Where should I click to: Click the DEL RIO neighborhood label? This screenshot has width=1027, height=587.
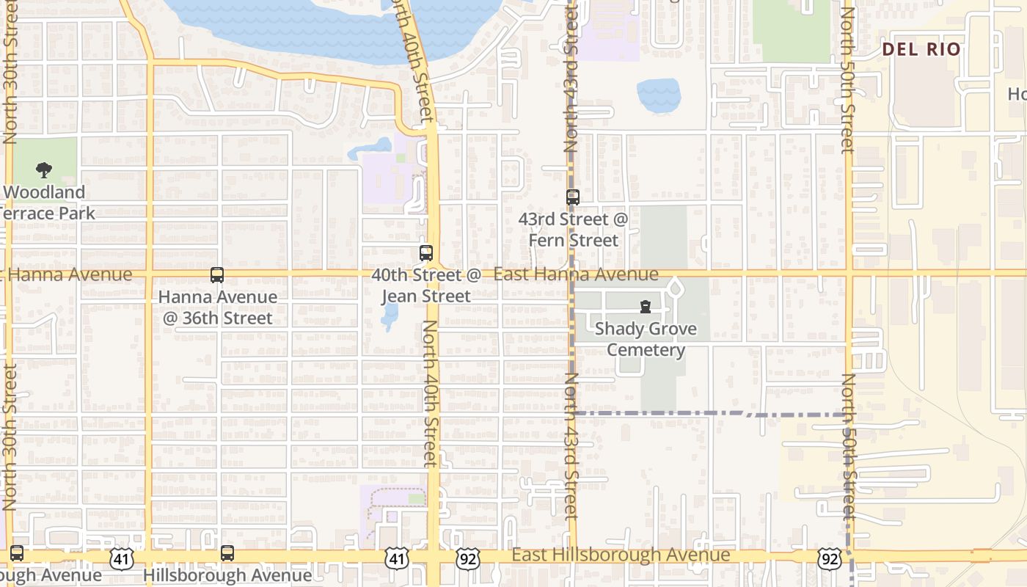point(921,49)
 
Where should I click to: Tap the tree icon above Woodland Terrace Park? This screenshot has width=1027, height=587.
point(44,170)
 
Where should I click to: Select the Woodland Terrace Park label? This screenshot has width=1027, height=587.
point(45,203)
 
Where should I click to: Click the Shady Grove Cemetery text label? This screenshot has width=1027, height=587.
point(646,339)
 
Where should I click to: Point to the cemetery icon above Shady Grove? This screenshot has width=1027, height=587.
point(646,306)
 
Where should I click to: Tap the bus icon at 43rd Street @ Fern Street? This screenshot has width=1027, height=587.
point(573,197)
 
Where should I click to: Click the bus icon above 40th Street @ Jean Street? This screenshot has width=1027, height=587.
point(426,253)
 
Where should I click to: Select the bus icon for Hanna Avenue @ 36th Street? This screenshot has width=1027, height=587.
point(217,275)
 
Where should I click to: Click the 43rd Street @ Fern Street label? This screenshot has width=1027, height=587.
point(574,230)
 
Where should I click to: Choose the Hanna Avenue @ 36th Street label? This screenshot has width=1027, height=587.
point(218,307)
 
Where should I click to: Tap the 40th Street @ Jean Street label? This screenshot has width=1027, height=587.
point(426,285)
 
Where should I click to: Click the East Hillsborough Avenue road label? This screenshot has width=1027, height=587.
point(621,555)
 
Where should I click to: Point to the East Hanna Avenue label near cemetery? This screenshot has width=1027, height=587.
point(576,274)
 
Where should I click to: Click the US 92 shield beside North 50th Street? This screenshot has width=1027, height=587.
point(830,559)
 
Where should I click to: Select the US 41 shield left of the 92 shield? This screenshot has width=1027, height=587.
point(397,559)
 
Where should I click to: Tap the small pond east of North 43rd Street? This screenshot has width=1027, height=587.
point(658,95)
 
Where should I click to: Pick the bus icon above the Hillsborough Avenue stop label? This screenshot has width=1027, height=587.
point(227,553)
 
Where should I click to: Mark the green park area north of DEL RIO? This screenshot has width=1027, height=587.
point(791,29)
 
